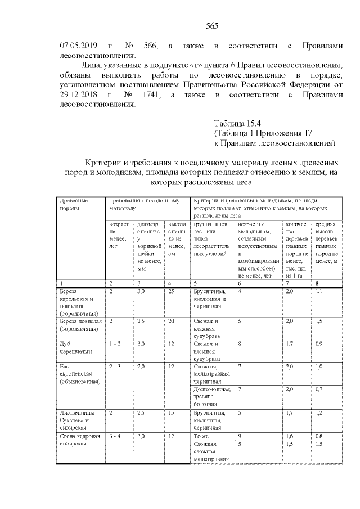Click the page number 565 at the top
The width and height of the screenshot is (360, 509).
coord(212,26)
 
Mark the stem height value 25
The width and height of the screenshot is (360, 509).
coord(171,291)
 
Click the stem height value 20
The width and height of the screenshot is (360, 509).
coord(171,321)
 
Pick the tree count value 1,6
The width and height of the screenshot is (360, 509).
coord(290,435)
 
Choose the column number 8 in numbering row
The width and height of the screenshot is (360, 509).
coord(317,283)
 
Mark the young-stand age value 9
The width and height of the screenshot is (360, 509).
coord(240,435)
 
